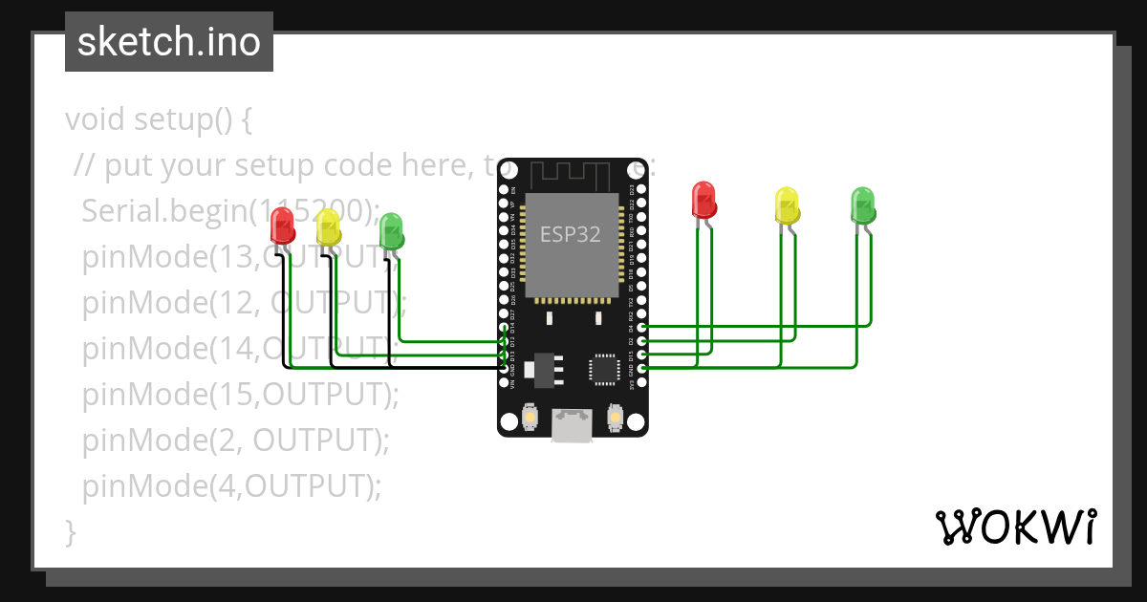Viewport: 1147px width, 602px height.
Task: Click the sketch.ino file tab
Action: (169, 42)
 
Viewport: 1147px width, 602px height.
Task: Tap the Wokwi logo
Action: (1015, 527)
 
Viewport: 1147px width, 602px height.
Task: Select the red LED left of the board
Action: (283, 226)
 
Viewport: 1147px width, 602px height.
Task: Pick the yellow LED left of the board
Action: (328, 227)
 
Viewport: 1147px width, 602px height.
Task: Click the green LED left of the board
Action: (391, 231)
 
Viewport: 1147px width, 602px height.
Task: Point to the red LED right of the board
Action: (704, 200)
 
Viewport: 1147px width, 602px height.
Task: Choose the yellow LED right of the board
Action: (787, 204)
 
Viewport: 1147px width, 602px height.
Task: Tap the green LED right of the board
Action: (862, 205)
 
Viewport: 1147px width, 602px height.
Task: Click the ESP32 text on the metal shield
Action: (570, 234)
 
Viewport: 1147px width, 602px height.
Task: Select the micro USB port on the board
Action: (573, 426)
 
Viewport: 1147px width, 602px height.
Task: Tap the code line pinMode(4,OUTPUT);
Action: (231, 485)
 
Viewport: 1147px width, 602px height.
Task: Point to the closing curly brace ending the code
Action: (70, 531)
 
